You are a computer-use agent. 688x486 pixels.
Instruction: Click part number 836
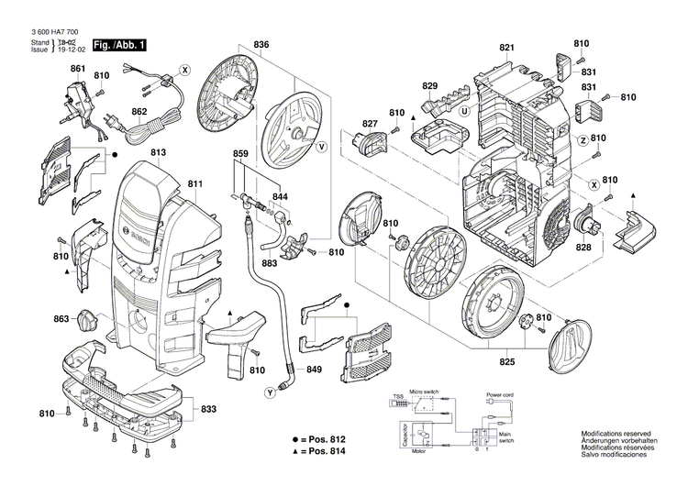[262, 45]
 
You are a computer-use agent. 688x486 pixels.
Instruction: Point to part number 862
[139, 113]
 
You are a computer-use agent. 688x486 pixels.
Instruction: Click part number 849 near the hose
[314, 370]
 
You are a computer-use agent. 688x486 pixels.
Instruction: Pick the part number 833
[209, 409]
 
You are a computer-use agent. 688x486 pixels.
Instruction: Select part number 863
[61, 319]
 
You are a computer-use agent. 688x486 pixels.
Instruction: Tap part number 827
[370, 124]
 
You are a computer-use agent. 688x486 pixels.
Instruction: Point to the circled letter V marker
[321, 147]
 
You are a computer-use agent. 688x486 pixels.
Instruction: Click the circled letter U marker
[465, 111]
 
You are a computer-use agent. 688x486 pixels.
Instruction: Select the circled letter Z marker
[582, 139]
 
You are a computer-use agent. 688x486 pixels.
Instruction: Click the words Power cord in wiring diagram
[501, 395]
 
